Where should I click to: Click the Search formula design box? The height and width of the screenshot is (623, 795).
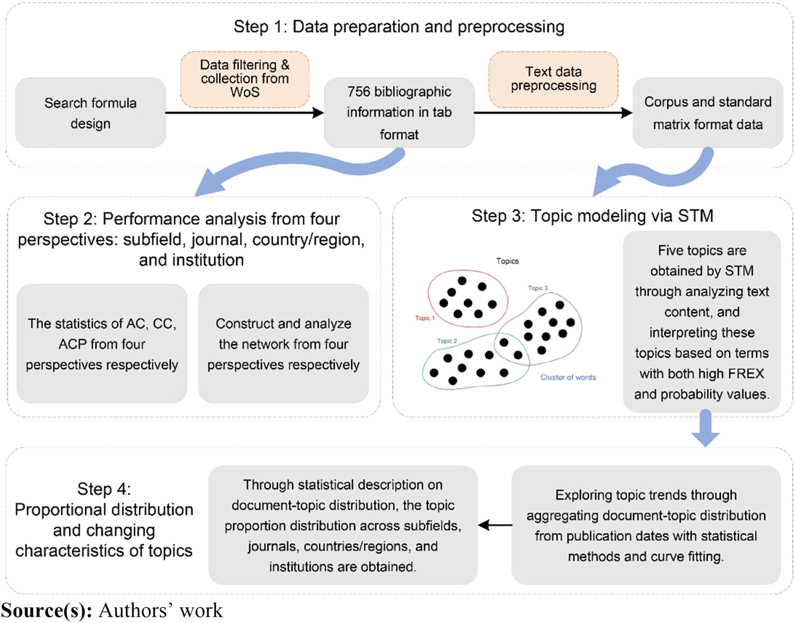point(90,113)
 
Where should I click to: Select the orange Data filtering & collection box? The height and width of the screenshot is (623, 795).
point(245,79)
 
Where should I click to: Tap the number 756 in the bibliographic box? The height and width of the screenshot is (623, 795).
point(359,92)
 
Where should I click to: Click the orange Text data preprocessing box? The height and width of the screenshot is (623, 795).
point(553,79)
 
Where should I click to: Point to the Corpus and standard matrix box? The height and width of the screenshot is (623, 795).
point(707,113)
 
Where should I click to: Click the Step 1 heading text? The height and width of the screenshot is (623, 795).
point(398,27)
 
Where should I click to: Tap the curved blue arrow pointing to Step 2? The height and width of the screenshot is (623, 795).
point(285,168)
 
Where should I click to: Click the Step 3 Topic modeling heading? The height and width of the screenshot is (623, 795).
point(592,216)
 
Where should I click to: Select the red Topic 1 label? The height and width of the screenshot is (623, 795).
point(425,318)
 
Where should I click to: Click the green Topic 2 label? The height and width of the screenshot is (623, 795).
point(447,341)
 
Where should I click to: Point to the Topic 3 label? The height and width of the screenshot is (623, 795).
point(537,288)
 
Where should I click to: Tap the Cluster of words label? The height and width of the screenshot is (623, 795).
point(568,377)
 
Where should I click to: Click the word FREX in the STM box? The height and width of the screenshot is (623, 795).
point(741,374)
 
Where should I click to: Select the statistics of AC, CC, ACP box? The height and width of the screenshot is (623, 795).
point(102,344)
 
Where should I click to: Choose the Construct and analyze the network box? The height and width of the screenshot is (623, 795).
point(283,344)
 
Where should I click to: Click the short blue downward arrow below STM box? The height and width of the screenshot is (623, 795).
point(705,429)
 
